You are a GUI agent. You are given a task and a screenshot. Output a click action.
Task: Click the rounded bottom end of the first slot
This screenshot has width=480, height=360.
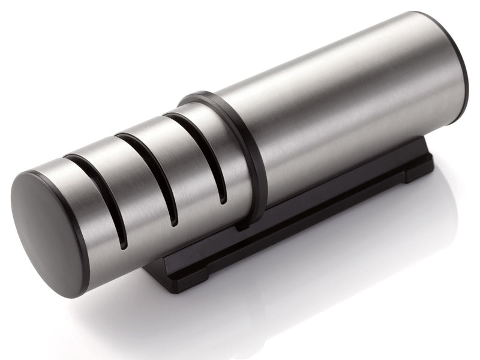click(x=122, y=243)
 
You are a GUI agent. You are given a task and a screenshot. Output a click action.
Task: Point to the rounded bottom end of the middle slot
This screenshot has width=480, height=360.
click(x=174, y=222)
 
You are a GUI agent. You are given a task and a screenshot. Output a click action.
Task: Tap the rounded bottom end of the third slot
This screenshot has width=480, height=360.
click(x=223, y=200)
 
